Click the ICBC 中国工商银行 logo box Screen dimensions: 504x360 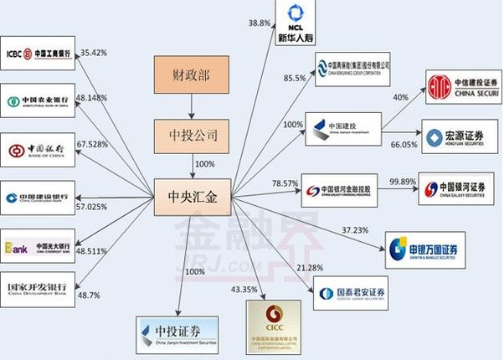tap(37, 55)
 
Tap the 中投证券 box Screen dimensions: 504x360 tap(177, 333)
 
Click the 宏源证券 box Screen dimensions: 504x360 tap(454, 138)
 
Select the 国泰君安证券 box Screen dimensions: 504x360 tap(351, 294)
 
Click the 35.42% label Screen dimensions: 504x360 tap(93, 52)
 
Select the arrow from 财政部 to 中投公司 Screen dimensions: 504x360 tap(190, 106)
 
